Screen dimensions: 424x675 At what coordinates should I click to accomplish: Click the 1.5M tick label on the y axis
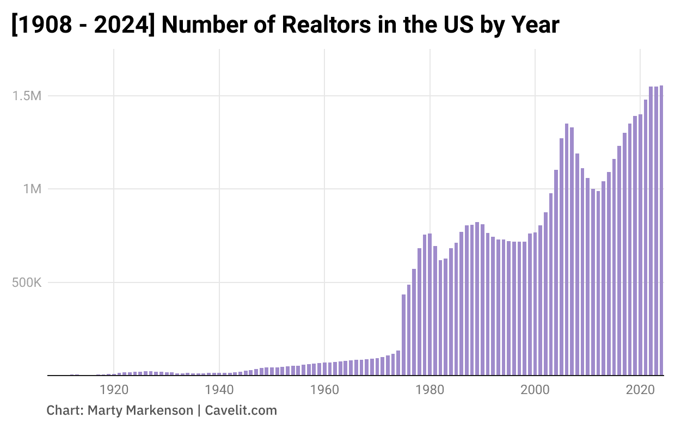tap(26, 96)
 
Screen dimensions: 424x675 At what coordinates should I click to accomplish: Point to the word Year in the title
tap(536, 25)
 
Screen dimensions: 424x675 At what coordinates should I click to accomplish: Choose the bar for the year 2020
tap(641, 245)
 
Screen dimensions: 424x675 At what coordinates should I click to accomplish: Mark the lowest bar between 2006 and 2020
tap(598, 283)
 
